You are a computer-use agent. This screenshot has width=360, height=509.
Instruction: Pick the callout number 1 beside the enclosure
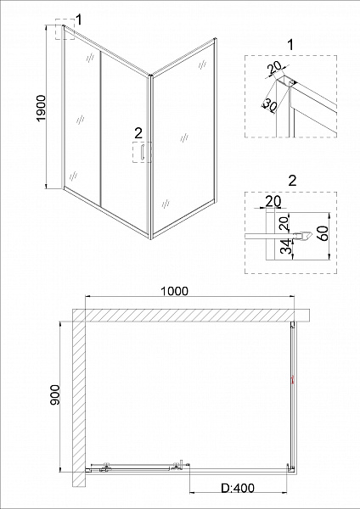pyautogui.click(x=78, y=19)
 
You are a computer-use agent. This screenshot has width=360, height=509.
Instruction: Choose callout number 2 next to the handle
pyautogui.click(x=137, y=132)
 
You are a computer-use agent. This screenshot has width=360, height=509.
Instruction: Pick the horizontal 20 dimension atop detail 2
pyautogui.click(x=272, y=201)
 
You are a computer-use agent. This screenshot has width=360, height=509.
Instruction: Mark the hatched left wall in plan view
pyautogui.click(x=78, y=399)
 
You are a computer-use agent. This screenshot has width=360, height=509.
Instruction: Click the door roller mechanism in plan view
pyautogui.click(x=106, y=466)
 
